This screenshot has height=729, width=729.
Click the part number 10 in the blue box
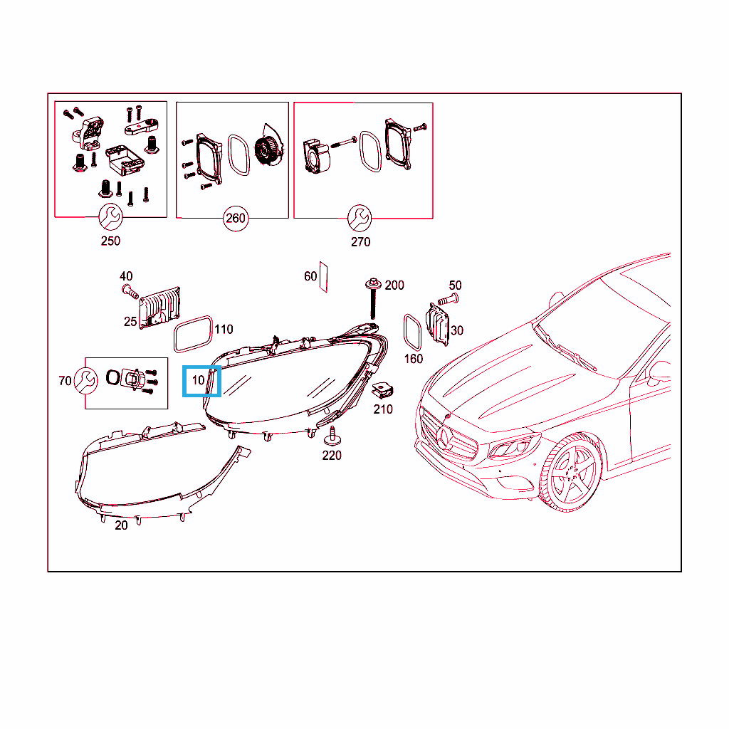point(198,380)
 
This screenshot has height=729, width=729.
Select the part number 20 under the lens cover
point(121,525)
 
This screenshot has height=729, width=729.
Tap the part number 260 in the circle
point(235,218)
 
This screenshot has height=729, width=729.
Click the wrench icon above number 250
point(110,216)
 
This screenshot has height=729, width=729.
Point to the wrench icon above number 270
point(360,218)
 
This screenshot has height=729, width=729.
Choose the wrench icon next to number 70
point(86,381)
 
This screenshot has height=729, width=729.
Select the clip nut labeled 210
point(383,390)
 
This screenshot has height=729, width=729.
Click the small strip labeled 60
point(323,277)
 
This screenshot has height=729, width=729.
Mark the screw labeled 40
point(130,292)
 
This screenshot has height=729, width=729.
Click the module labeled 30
point(438,324)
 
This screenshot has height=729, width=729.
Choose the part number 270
point(360,242)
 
